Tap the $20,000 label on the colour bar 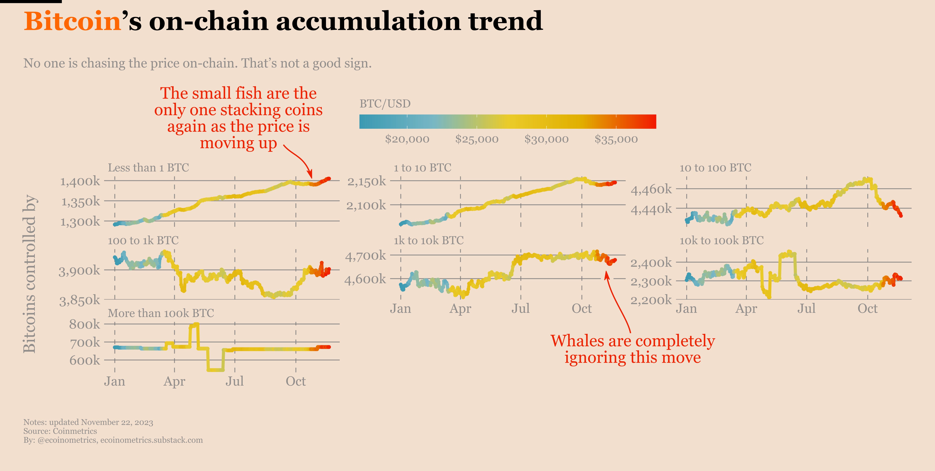tap(407, 139)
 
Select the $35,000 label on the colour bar tap(616, 139)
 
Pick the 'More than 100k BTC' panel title tap(161, 313)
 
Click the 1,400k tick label tap(80, 181)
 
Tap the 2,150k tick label tap(367, 181)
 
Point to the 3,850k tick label tap(80, 300)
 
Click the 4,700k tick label tap(366, 256)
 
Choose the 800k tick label tap(85, 324)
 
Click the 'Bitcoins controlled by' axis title tap(29, 274)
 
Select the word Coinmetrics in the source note tap(75, 431)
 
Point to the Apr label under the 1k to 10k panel tap(460, 309)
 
